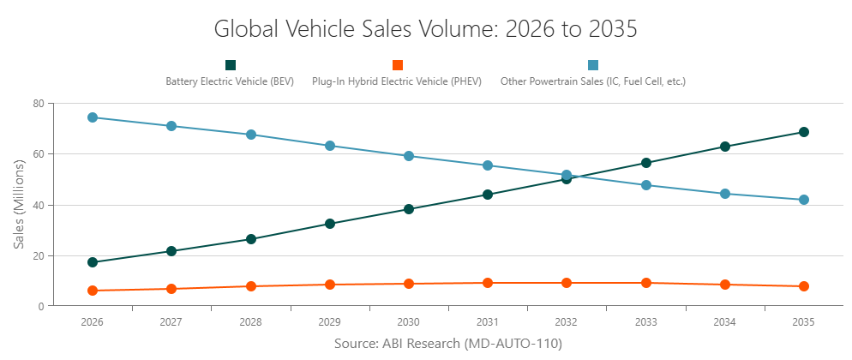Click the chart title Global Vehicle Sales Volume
[425, 29]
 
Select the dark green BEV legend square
[230, 65]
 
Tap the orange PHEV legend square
[397, 65]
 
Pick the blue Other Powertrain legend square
[593, 65]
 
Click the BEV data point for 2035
[804, 132]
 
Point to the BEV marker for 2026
[92, 262]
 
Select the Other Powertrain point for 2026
[92, 117]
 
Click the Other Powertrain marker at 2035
[804, 200]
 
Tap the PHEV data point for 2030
[409, 284]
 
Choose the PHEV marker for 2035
[804, 286]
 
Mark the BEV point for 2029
[330, 224]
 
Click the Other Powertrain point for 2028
[251, 135]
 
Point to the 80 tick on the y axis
[39, 104]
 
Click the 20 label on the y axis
[39, 255]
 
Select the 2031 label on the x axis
[488, 322]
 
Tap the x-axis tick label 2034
[725, 322]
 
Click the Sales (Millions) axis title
[19, 204]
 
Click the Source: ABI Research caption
[447, 344]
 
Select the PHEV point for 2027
[171, 289]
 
